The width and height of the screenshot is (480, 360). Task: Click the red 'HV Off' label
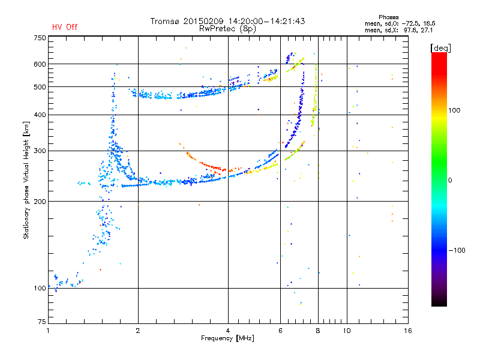pos(64,27)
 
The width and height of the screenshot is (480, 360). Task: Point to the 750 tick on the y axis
pos(40,37)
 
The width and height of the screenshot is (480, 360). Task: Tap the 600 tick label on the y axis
pos(40,64)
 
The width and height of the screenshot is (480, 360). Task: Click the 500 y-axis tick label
pos(40,86)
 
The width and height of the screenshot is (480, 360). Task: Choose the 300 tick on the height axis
pos(40,151)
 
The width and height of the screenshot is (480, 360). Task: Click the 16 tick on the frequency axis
pos(407,331)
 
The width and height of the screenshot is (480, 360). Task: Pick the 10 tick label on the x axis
pos(347,331)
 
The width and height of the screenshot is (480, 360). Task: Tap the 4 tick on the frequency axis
pos(228,331)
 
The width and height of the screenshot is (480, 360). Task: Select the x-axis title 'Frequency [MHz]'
pos(227,338)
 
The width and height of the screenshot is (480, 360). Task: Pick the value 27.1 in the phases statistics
pos(427,29)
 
